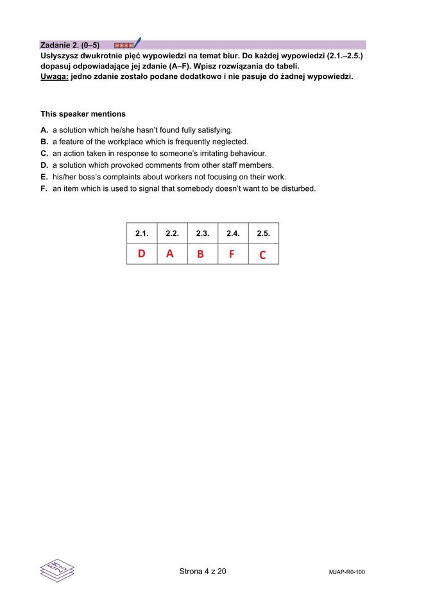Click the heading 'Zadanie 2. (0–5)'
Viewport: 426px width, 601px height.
point(70,45)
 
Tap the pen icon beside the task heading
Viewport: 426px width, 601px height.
point(137,43)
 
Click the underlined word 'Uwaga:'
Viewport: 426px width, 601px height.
point(54,76)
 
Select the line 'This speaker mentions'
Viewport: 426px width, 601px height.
point(83,114)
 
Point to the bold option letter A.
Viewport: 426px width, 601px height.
point(44,130)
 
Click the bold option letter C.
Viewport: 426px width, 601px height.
point(44,154)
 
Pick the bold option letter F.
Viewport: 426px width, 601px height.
point(44,188)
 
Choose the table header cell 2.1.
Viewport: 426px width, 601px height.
point(142,234)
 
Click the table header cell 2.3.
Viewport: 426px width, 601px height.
point(203,234)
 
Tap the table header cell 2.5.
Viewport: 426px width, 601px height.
point(263,234)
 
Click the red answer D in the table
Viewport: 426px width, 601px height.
point(142,254)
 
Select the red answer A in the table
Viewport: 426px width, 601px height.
point(170,254)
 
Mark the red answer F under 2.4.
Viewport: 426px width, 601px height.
point(232,254)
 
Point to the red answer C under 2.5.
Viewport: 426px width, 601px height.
point(262,255)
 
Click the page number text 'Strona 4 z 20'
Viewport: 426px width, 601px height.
point(203,572)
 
